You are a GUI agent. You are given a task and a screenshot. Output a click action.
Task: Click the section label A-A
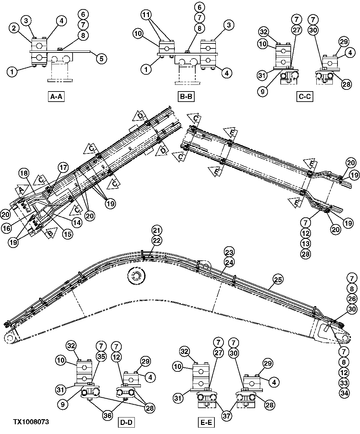pyautogui.click(x=56, y=97)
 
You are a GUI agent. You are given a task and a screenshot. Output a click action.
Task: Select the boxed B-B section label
pyautogui.click(x=186, y=97)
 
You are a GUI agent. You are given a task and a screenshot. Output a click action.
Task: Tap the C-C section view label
pyautogui.click(x=305, y=97)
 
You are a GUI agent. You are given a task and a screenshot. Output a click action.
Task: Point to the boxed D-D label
pyautogui.click(x=126, y=422)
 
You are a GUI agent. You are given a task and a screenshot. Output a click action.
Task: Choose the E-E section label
pyautogui.click(x=205, y=422)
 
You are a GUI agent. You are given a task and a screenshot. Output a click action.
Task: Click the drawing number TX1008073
pyautogui.click(x=31, y=422)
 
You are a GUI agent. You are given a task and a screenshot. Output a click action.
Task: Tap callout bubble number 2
pyautogui.click(x=14, y=29)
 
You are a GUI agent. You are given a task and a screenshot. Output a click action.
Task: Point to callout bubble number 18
pyautogui.click(x=23, y=174)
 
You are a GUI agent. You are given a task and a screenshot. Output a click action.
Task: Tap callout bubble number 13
pyautogui.click(x=305, y=243)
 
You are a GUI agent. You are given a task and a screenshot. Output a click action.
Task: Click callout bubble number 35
pyautogui.click(x=101, y=356)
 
